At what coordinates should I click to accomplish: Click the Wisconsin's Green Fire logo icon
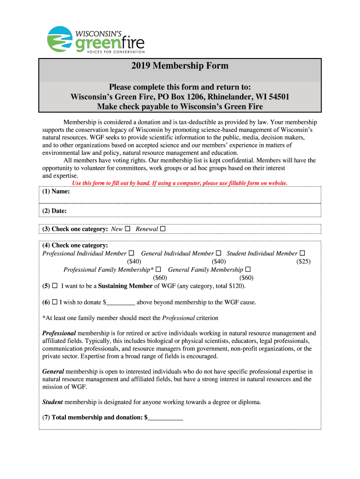60,39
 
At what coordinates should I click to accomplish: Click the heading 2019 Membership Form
180,66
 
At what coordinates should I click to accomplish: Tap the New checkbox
128,229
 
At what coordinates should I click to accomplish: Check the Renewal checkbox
163,229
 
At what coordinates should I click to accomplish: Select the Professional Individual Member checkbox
131,254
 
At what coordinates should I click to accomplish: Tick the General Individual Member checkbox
218,254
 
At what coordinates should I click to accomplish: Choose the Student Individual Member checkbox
302,254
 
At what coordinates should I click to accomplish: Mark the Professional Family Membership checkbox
158,270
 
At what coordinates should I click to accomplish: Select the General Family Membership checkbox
248,270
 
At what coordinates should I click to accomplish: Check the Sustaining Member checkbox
55,286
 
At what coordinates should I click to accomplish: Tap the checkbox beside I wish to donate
55,302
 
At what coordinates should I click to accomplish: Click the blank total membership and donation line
166,418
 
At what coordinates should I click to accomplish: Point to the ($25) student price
303,262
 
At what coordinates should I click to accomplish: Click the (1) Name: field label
56,192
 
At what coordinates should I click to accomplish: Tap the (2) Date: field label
54,211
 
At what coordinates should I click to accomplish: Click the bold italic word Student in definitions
52,402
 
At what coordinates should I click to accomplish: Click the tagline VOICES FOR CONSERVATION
109,51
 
